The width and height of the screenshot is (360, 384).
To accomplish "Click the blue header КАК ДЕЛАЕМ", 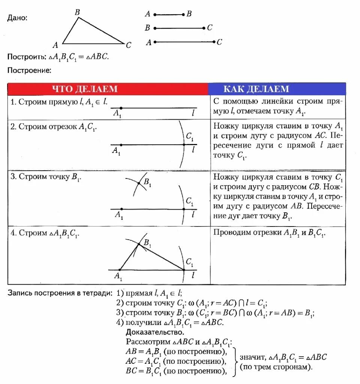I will (256, 89).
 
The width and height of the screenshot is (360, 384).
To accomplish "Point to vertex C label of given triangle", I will (128, 45).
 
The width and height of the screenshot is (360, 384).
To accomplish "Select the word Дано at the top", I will (17, 18).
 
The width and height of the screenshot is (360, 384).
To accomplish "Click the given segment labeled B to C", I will (179, 28).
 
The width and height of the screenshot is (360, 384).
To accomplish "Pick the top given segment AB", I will (169, 15).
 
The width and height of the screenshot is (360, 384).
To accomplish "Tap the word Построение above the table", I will (29, 70).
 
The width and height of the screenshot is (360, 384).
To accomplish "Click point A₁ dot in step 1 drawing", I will (120, 108).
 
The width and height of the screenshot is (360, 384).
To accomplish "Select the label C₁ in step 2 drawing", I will (190, 137).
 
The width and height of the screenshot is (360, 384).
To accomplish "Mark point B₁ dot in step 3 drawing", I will (139, 183).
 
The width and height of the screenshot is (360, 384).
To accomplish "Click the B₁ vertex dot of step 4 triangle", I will (139, 244).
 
